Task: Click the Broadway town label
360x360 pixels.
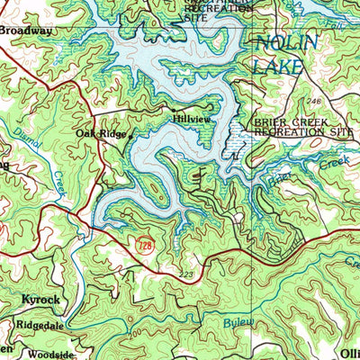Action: click(x=27, y=30)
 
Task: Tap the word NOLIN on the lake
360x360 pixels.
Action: click(x=286, y=45)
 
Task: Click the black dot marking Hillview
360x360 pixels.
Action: click(x=174, y=109)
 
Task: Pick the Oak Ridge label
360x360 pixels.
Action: click(x=98, y=133)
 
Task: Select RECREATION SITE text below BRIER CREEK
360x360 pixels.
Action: click(x=305, y=132)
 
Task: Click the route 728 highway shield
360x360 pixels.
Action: click(x=144, y=244)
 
